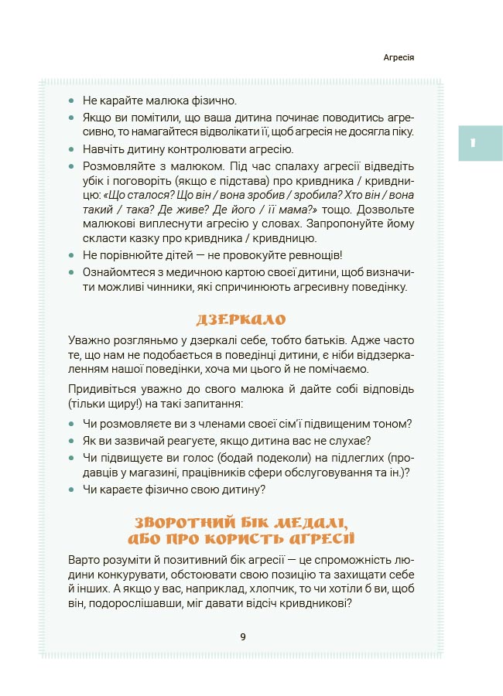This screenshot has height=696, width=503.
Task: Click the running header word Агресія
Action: coord(400,58)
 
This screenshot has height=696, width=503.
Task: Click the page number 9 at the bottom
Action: coord(243,636)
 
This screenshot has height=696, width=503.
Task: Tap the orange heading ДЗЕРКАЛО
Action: coord(241,319)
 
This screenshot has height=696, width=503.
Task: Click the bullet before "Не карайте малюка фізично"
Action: coord(72,101)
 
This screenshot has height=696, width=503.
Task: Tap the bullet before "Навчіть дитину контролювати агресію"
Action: coord(72,149)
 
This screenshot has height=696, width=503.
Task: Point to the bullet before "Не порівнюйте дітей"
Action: coord(72,254)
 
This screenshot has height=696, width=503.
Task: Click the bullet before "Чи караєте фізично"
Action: coord(72,490)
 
